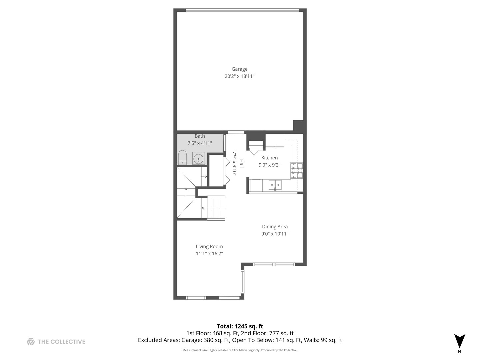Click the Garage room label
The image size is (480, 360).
239,69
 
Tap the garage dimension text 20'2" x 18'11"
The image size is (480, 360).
239,76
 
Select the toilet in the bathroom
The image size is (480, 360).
182,157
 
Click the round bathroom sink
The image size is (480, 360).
199,158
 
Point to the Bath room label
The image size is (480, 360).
200,136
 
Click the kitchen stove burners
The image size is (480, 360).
297,170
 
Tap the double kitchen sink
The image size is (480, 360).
275,185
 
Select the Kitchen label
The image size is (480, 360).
269,158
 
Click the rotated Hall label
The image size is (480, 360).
241,163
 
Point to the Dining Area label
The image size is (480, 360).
275,227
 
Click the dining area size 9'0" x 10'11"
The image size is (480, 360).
275,234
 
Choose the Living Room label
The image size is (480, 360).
209,247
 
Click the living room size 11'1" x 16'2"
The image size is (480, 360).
209,254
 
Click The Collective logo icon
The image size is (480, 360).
31,341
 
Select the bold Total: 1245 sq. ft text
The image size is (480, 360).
240,326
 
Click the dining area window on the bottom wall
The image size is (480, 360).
274,264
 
